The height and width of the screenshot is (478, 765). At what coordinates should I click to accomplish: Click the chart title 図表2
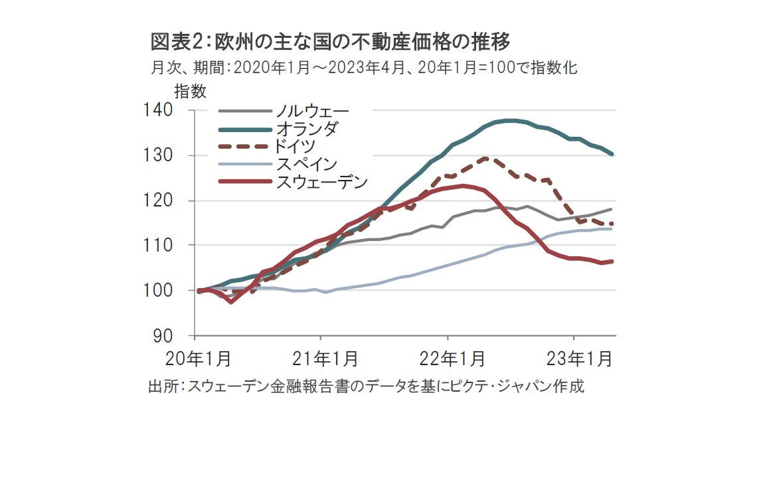click(330, 42)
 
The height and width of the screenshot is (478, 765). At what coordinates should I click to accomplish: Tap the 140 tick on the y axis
click(157, 110)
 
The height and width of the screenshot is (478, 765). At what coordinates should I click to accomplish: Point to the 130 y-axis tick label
click(157, 155)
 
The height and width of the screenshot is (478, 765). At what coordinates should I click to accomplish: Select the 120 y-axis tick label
click(157, 200)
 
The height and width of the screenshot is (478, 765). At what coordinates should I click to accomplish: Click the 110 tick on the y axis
click(157, 246)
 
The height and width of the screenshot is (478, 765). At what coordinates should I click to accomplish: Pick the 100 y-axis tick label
click(157, 291)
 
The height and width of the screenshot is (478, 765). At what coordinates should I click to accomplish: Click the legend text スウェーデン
click(321, 181)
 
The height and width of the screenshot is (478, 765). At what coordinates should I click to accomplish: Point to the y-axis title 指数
click(190, 91)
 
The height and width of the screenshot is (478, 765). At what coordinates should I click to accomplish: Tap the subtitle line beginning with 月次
click(367, 68)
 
